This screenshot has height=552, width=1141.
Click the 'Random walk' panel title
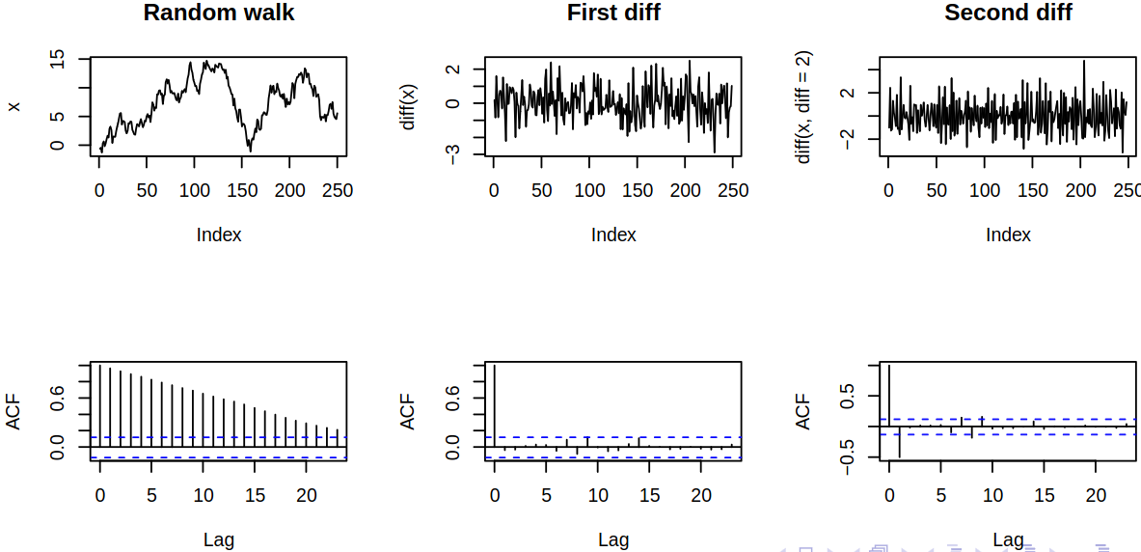(219, 13)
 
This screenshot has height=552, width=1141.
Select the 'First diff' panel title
(613, 13)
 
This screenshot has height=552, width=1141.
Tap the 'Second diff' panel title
(1008, 13)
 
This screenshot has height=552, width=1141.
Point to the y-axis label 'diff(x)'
(409, 107)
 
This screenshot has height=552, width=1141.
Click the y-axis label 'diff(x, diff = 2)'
(803, 107)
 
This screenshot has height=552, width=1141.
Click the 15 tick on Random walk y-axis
(58, 61)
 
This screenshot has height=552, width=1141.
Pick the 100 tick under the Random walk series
(194, 191)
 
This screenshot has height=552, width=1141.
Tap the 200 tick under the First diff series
(686, 191)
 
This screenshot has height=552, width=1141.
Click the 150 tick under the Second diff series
(1032, 191)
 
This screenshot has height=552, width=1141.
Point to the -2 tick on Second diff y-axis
(848, 140)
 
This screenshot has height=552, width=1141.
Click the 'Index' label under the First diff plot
(613, 235)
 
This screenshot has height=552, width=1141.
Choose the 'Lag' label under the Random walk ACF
(219, 539)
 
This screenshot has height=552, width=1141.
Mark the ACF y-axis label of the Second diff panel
(803, 411)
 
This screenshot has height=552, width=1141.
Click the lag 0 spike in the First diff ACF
(495, 405)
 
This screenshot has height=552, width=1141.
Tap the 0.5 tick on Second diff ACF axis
(848, 396)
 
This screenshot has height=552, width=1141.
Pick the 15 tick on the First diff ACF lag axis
(650, 495)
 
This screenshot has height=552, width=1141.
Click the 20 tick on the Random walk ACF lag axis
(306, 495)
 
